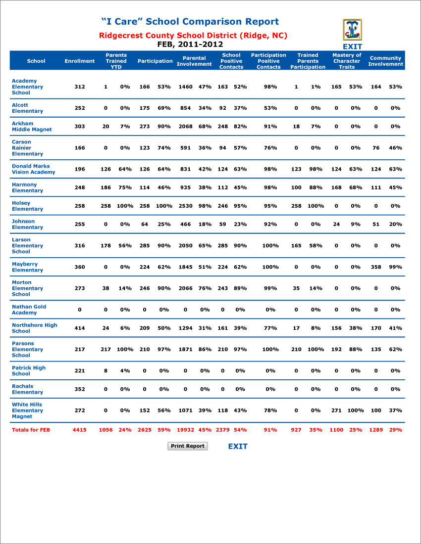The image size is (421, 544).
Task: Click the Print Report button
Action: [188, 446]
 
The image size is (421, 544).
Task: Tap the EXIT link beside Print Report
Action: [238, 446]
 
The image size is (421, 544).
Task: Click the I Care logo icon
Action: [352, 30]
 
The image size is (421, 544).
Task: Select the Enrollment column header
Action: [80, 61]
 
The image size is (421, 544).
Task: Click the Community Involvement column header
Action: [385, 61]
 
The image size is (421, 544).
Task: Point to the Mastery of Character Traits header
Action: [347, 61]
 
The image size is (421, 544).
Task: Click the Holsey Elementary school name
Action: [27, 206]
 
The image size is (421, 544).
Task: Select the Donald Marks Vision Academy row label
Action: [33, 169]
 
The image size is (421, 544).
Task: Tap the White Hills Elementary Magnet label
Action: [27, 410]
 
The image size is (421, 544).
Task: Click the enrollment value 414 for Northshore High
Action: [80, 328]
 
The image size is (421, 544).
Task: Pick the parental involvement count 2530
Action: [186, 206]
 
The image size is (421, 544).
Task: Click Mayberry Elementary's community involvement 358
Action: [376, 267]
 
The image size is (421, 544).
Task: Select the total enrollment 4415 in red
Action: [80, 430]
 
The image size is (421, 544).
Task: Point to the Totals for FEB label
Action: [31, 430]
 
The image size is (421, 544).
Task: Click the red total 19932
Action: [186, 430]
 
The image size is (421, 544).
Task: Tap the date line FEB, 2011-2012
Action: [190, 45]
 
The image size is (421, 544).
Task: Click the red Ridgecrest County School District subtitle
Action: [193, 36]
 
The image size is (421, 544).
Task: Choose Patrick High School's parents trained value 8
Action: [105, 370]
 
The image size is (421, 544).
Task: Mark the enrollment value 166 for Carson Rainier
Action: [80, 148]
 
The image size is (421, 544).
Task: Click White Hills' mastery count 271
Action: [336, 410]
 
